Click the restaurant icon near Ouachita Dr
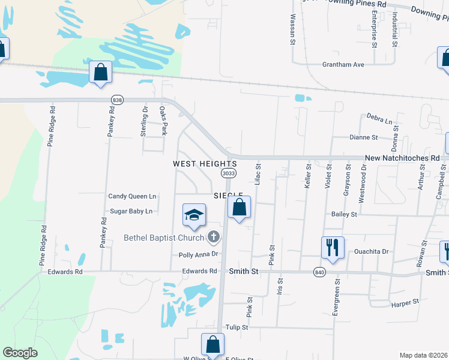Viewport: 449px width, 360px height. pyautogui.click(x=331, y=248)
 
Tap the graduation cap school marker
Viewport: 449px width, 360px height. pyautogui.click(x=194, y=215)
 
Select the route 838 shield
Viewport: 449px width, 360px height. pyautogui.click(x=118, y=100)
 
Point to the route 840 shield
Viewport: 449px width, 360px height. pyautogui.click(x=319, y=272)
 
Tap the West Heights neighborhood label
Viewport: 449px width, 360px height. pyautogui.click(x=205, y=163)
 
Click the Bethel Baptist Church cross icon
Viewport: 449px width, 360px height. pyautogui.click(x=212, y=238)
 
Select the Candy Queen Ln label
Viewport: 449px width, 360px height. pyautogui.click(x=132, y=196)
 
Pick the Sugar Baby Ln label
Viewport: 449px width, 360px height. pyautogui.click(x=131, y=211)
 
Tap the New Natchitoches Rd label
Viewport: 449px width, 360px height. pyautogui.click(x=402, y=158)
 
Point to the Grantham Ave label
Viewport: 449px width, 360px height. pyautogui.click(x=343, y=64)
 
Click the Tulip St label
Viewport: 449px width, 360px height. pyautogui.click(x=237, y=328)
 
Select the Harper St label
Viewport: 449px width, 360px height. pyautogui.click(x=404, y=304)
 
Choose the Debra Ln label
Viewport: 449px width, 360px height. pyautogui.click(x=379, y=120)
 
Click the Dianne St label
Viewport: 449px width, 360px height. pyautogui.click(x=364, y=137)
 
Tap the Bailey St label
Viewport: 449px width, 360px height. pyautogui.click(x=344, y=214)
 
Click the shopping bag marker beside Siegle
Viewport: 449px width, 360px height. pyautogui.click(x=239, y=208)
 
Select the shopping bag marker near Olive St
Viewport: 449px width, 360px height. pyautogui.click(x=212, y=345)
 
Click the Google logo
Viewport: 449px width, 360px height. pyautogui.click(x=20, y=353)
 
